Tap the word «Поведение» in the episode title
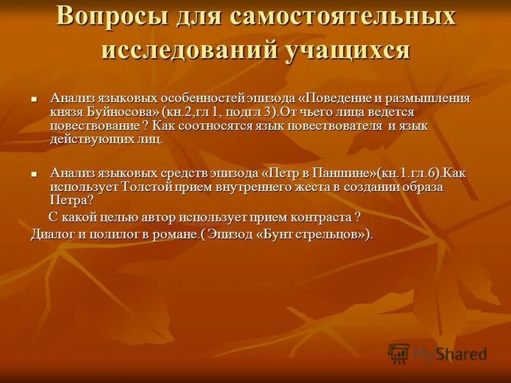[x=347, y=99]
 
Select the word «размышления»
[x=432, y=99]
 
